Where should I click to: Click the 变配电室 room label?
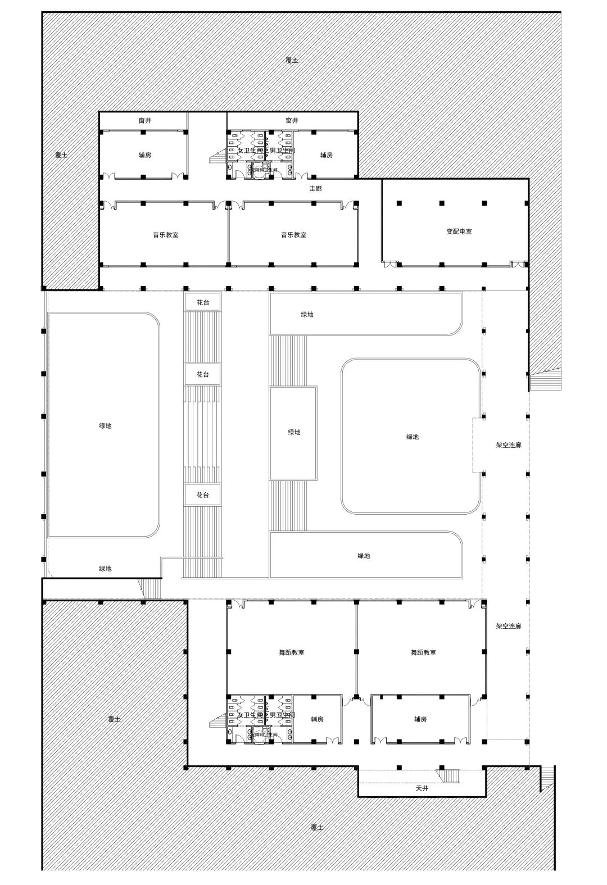459,232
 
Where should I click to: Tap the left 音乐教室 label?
166,235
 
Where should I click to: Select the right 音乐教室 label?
293,235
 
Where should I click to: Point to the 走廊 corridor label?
316,189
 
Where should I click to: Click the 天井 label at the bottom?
422,788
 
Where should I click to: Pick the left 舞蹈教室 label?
292,652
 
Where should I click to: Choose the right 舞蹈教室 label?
423,652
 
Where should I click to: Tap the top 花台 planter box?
202,302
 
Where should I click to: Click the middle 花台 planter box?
202,374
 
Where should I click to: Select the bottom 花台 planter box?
202,495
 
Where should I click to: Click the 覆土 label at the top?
292,60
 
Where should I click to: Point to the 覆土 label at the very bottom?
317,827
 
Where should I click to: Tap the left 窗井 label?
144,120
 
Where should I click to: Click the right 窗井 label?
292,120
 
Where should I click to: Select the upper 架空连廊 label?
508,445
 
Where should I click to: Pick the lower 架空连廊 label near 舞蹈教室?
508,626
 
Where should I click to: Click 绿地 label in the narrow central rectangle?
294,432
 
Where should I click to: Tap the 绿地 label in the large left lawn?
105,426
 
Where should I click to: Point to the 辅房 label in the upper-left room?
144,155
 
